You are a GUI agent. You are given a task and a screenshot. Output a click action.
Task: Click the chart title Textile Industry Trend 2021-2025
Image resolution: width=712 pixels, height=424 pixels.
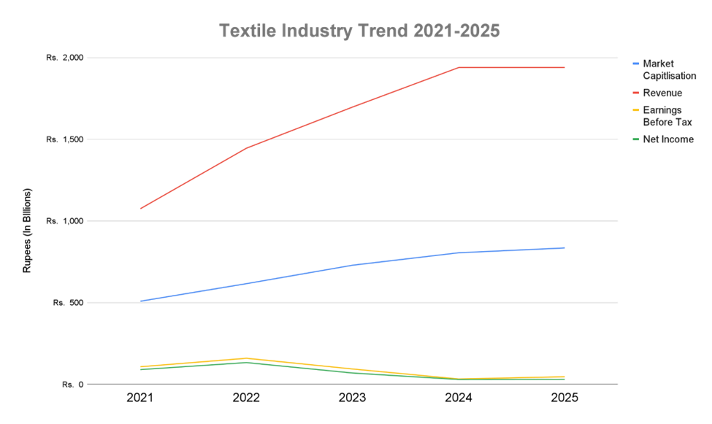359,31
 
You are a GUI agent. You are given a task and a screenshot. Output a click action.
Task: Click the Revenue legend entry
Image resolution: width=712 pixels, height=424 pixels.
662,93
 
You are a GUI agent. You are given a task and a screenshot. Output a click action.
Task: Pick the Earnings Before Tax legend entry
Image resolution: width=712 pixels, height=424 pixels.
667,116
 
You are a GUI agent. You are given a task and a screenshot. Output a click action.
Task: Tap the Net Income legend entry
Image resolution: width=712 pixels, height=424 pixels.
667,139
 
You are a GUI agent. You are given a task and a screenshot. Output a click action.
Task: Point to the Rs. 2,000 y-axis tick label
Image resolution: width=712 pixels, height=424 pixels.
65,58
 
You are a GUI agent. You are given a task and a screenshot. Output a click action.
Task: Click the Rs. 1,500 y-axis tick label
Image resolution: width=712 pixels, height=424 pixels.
65,139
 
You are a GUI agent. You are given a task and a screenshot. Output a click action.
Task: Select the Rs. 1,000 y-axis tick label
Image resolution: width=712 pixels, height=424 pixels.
65,221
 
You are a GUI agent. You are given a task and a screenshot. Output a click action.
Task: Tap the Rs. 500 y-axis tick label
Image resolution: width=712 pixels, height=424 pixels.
69,303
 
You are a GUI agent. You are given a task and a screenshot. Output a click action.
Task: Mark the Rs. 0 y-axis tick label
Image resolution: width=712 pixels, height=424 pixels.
72,384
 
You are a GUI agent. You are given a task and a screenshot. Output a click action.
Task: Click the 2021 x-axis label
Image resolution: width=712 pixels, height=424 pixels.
139,398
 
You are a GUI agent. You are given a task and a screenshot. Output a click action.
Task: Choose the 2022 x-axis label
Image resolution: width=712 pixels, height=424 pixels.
246,398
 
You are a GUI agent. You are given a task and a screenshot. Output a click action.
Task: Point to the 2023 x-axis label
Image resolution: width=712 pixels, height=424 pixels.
352,398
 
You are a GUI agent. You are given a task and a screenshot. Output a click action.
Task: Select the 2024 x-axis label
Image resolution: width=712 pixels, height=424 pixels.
459,398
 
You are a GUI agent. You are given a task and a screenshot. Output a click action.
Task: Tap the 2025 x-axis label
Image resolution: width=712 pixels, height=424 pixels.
564,398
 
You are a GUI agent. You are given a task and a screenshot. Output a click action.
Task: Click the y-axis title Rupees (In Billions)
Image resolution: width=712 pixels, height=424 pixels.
28,231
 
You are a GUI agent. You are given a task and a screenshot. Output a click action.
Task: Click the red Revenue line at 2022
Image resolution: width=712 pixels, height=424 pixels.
246,148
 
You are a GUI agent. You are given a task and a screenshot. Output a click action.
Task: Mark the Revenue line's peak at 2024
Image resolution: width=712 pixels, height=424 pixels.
459,67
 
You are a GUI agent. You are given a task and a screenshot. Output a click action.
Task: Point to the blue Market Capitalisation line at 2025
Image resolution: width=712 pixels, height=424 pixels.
564,248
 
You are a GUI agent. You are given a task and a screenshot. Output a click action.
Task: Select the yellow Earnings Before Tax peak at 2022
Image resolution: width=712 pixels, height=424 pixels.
246,358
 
